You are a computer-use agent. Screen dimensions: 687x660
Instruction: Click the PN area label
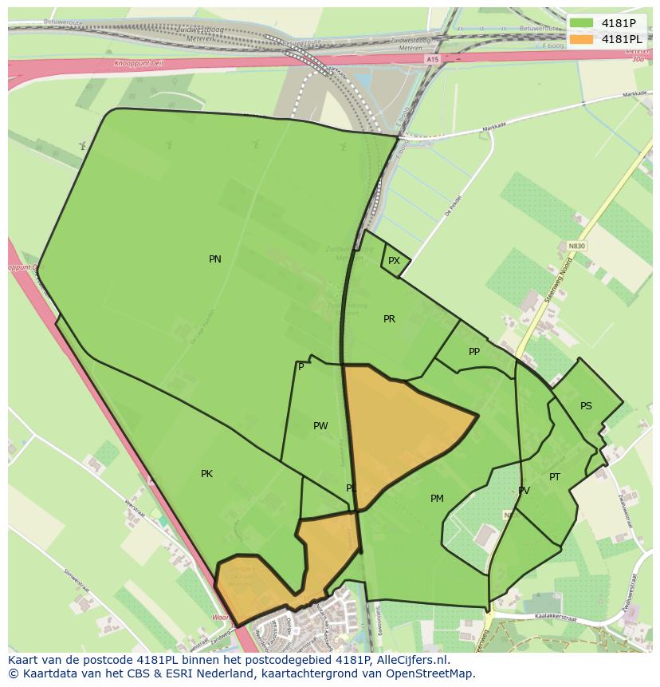click(x=215, y=259)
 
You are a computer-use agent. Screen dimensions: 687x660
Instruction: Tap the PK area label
click(x=206, y=474)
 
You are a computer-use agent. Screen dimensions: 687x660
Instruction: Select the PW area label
click(x=320, y=426)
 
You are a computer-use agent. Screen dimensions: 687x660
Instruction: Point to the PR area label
click(x=389, y=319)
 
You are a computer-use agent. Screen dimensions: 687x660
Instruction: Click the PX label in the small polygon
click(x=394, y=261)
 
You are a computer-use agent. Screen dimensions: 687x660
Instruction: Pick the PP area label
click(x=474, y=352)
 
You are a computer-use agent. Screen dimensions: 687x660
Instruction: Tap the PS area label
click(x=586, y=406)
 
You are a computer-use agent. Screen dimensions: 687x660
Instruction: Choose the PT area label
click(x=555, y=477)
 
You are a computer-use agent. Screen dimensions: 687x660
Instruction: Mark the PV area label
click(x=524, y=491)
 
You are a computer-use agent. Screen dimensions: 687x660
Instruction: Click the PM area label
click(x=437, y=499)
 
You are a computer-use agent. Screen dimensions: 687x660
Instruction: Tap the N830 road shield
click(x=576, y=247)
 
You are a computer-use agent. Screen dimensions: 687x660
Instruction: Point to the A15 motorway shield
click(x=432, y=60)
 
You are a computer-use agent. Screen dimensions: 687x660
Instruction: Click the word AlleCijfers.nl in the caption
click(x=415, y=661)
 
